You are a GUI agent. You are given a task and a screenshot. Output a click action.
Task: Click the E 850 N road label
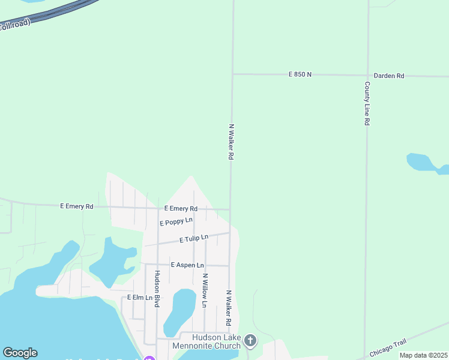tap(300, 74)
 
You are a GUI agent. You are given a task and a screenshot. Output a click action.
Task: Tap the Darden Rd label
tap(389, 76)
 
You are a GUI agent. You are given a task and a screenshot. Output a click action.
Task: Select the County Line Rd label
tap(367, 103)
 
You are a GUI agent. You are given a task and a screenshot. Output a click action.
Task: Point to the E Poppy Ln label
tap(176, 222)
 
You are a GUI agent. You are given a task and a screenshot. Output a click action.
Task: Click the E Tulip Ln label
tap(194, 239)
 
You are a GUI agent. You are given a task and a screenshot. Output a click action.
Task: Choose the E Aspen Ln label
tap(187, 265)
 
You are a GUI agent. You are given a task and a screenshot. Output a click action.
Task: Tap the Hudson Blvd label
tap(157, 289)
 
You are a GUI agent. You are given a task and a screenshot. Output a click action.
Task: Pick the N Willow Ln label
tap(205, 291)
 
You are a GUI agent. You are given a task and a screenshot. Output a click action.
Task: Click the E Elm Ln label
tap(137, 298)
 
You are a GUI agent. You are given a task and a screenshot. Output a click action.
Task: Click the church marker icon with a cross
tap(250, 341)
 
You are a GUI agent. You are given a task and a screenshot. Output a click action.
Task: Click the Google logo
tap(20, 353)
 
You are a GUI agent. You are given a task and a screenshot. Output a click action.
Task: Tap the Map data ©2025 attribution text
tap(423, 355)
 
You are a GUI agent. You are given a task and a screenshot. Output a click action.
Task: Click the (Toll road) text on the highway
tap(15, 26)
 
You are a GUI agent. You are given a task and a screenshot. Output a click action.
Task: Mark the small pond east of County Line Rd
tap(424, 162)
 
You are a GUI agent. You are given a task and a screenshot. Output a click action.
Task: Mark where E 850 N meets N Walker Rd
tap(233, 74)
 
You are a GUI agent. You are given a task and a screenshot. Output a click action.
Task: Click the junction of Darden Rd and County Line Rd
tap(366, 76)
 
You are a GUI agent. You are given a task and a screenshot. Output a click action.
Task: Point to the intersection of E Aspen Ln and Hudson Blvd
tap(157, 264)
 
